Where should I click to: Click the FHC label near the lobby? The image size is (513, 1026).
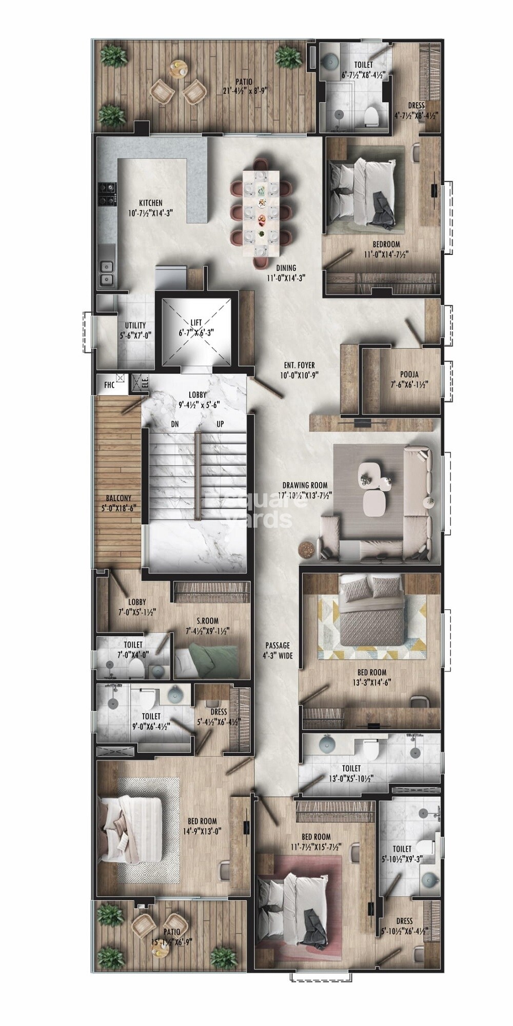pos(109,385)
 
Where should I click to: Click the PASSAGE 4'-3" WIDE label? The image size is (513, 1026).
pos(278,650)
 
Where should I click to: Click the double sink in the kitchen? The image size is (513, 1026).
pos(107,272)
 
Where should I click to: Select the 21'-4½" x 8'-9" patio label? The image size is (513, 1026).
pos(244,86)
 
